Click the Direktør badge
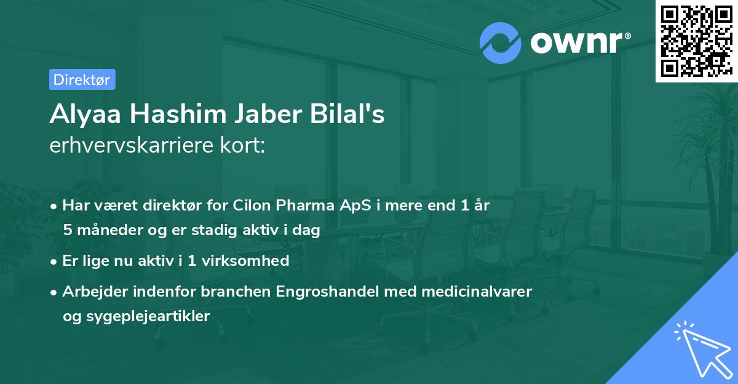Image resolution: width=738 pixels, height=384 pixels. pos(82,79)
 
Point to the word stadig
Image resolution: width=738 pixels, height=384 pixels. pos(224,231)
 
